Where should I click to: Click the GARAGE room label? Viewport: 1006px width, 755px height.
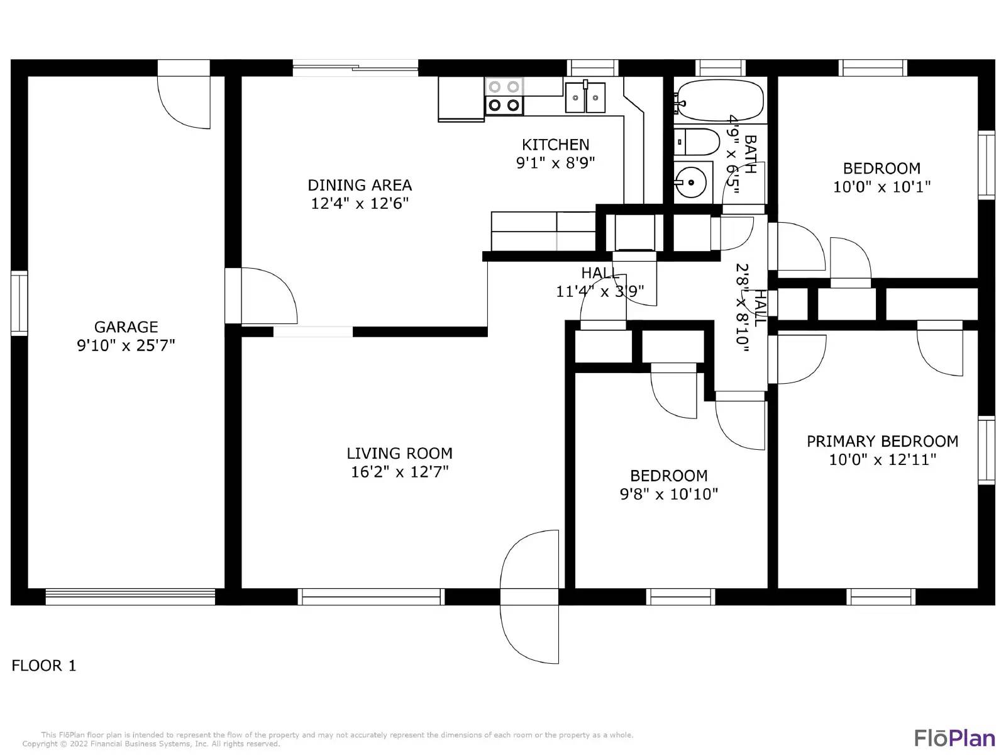click(126, 327)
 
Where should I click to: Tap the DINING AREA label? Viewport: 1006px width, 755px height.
click(360, 185)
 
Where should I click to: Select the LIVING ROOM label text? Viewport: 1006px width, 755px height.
click(399, 454)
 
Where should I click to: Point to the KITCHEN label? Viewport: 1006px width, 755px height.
click(555, 145)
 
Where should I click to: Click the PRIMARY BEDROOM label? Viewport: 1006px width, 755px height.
click(882, 442)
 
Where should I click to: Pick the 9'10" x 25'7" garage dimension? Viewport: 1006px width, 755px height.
click(126, 345)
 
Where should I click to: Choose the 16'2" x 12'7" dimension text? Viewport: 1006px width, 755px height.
click(399, 472)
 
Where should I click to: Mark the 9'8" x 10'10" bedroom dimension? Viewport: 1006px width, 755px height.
click(669, 494)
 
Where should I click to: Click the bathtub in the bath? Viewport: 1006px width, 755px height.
click(720, 101)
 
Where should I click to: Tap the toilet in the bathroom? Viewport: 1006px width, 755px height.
click(697, 142)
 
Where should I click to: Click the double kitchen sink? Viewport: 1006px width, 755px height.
click(585, 97)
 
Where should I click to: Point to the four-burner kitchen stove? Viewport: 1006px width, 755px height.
click(504, 96)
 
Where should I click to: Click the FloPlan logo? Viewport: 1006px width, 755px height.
click(954, 738)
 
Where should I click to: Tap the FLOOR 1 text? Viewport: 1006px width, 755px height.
click(44, 666)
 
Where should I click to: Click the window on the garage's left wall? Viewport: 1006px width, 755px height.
click(19, 303)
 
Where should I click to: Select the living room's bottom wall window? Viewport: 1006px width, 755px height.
click(371, 597)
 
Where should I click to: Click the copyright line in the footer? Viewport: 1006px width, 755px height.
click(152, 744)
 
